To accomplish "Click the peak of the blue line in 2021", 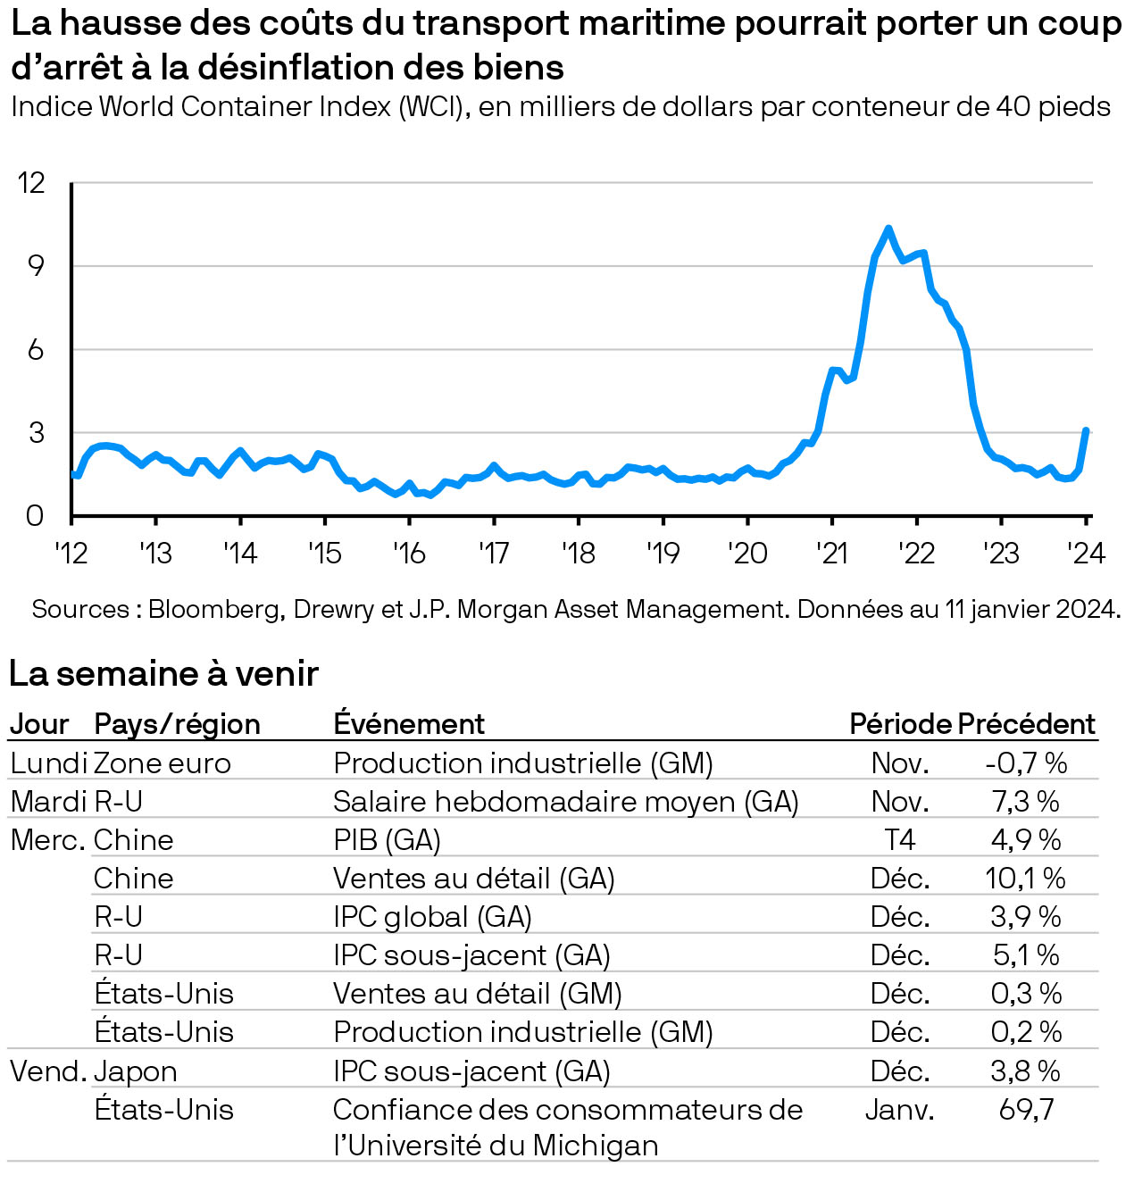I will [888, 229].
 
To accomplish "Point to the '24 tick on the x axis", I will [1086, 554].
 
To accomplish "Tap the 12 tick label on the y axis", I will [31, 183].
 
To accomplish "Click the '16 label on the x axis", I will [409, 554].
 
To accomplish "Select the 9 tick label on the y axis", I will [35, 266].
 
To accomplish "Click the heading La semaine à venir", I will [163, 673].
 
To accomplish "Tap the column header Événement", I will [409, 723].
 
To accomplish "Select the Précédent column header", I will [1026, 723].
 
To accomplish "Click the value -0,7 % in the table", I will [1026, 763].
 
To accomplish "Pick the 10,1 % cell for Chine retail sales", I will [1025, 879].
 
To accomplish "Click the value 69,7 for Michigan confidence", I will [1026, 1110].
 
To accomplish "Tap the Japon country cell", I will [136, 1071].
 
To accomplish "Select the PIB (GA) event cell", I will [387, 840].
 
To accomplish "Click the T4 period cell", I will [900, 840].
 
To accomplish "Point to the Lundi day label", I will [48, 763].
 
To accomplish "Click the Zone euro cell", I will [163, 763].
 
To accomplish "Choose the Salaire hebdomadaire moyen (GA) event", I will [565, 802].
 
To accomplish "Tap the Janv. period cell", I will [900, 1110].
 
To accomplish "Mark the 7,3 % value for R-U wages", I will [1026, 802].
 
